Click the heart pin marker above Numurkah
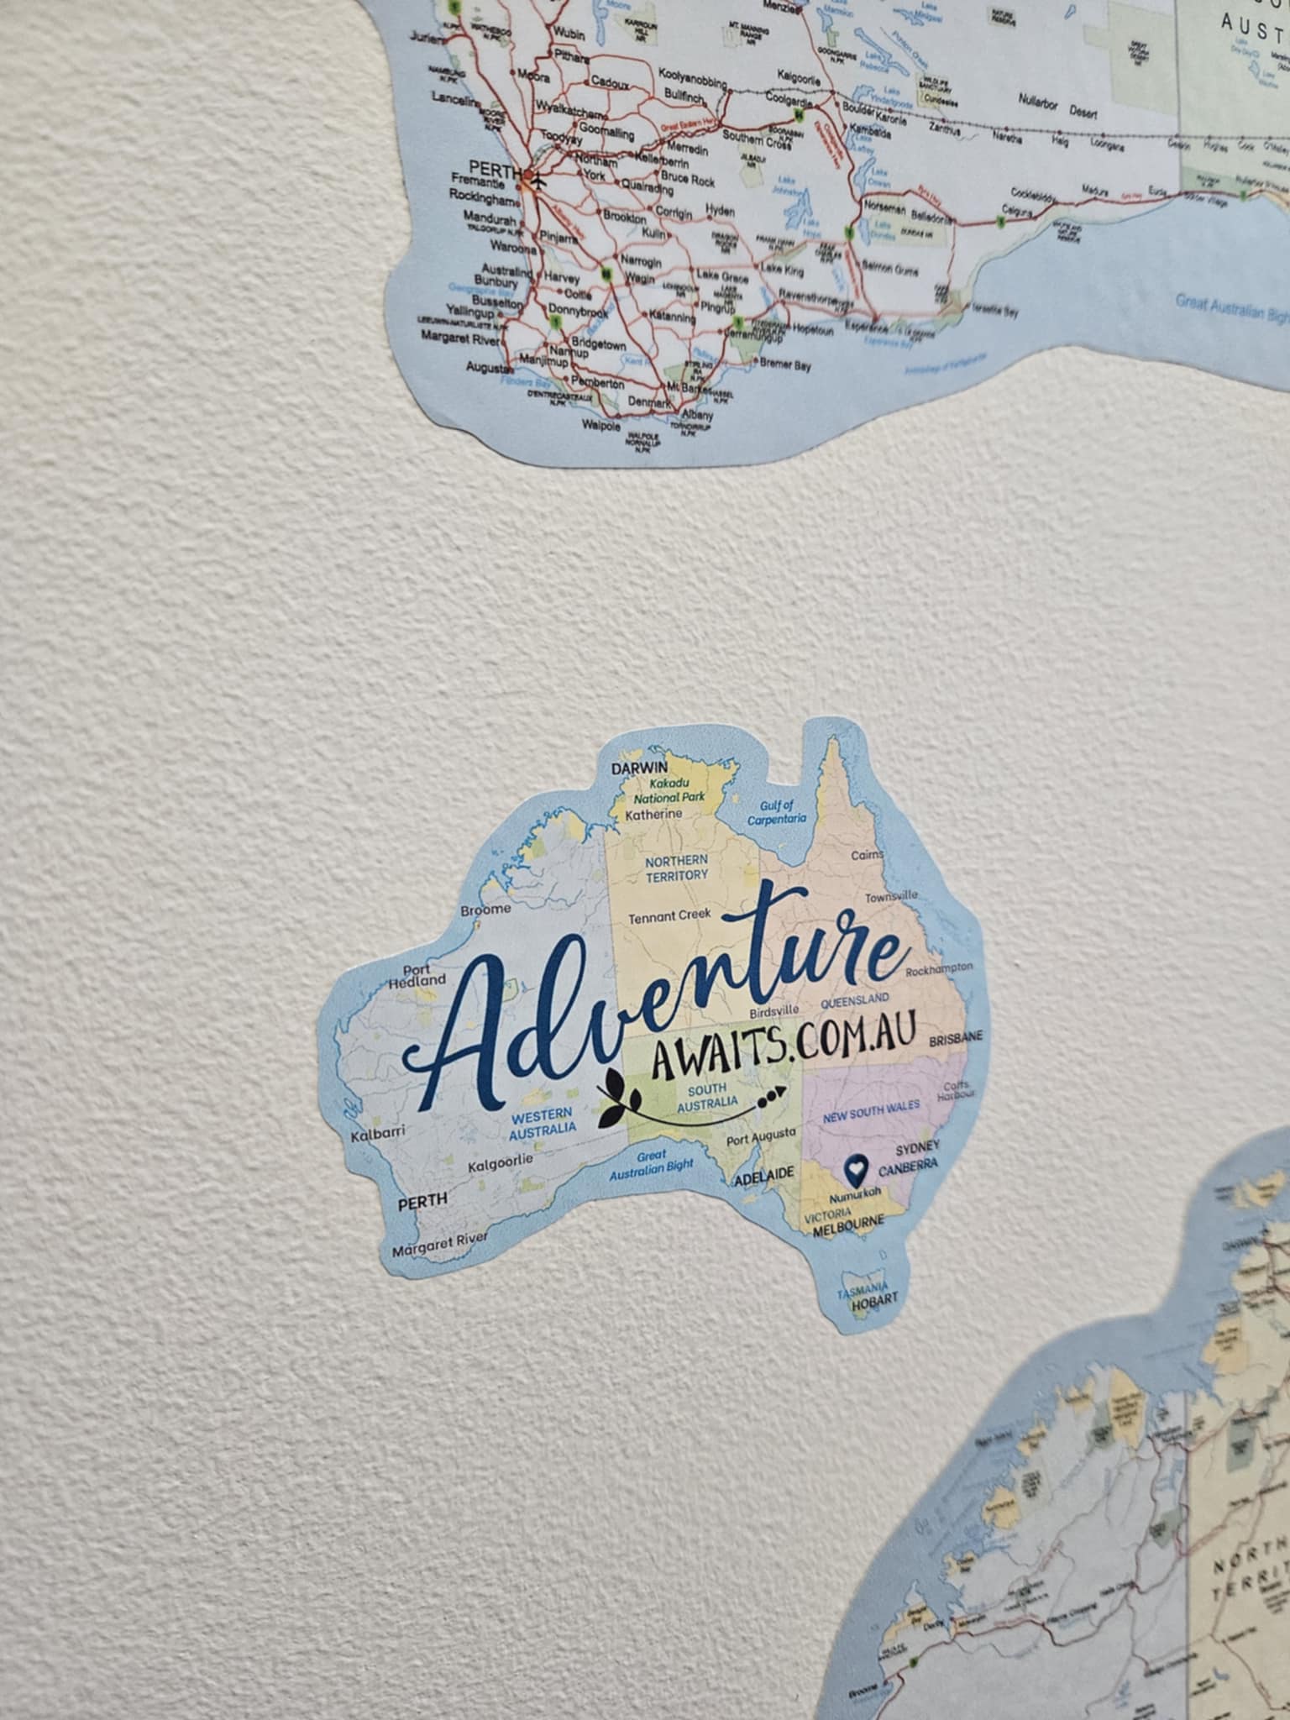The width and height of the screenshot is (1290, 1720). tap(855, 1166)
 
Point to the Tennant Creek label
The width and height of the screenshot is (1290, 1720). tap(669, 915)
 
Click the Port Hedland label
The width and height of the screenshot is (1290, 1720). tap(417, 975)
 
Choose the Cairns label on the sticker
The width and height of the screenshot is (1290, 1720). tap(867, 855)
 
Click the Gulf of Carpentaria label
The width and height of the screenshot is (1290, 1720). tap(777, 811)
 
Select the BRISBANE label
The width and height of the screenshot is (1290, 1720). tap(955, 1038)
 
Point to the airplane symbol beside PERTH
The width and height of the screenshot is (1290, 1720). tap(537, 180)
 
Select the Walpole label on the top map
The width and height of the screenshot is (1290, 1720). tap(600, 425)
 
